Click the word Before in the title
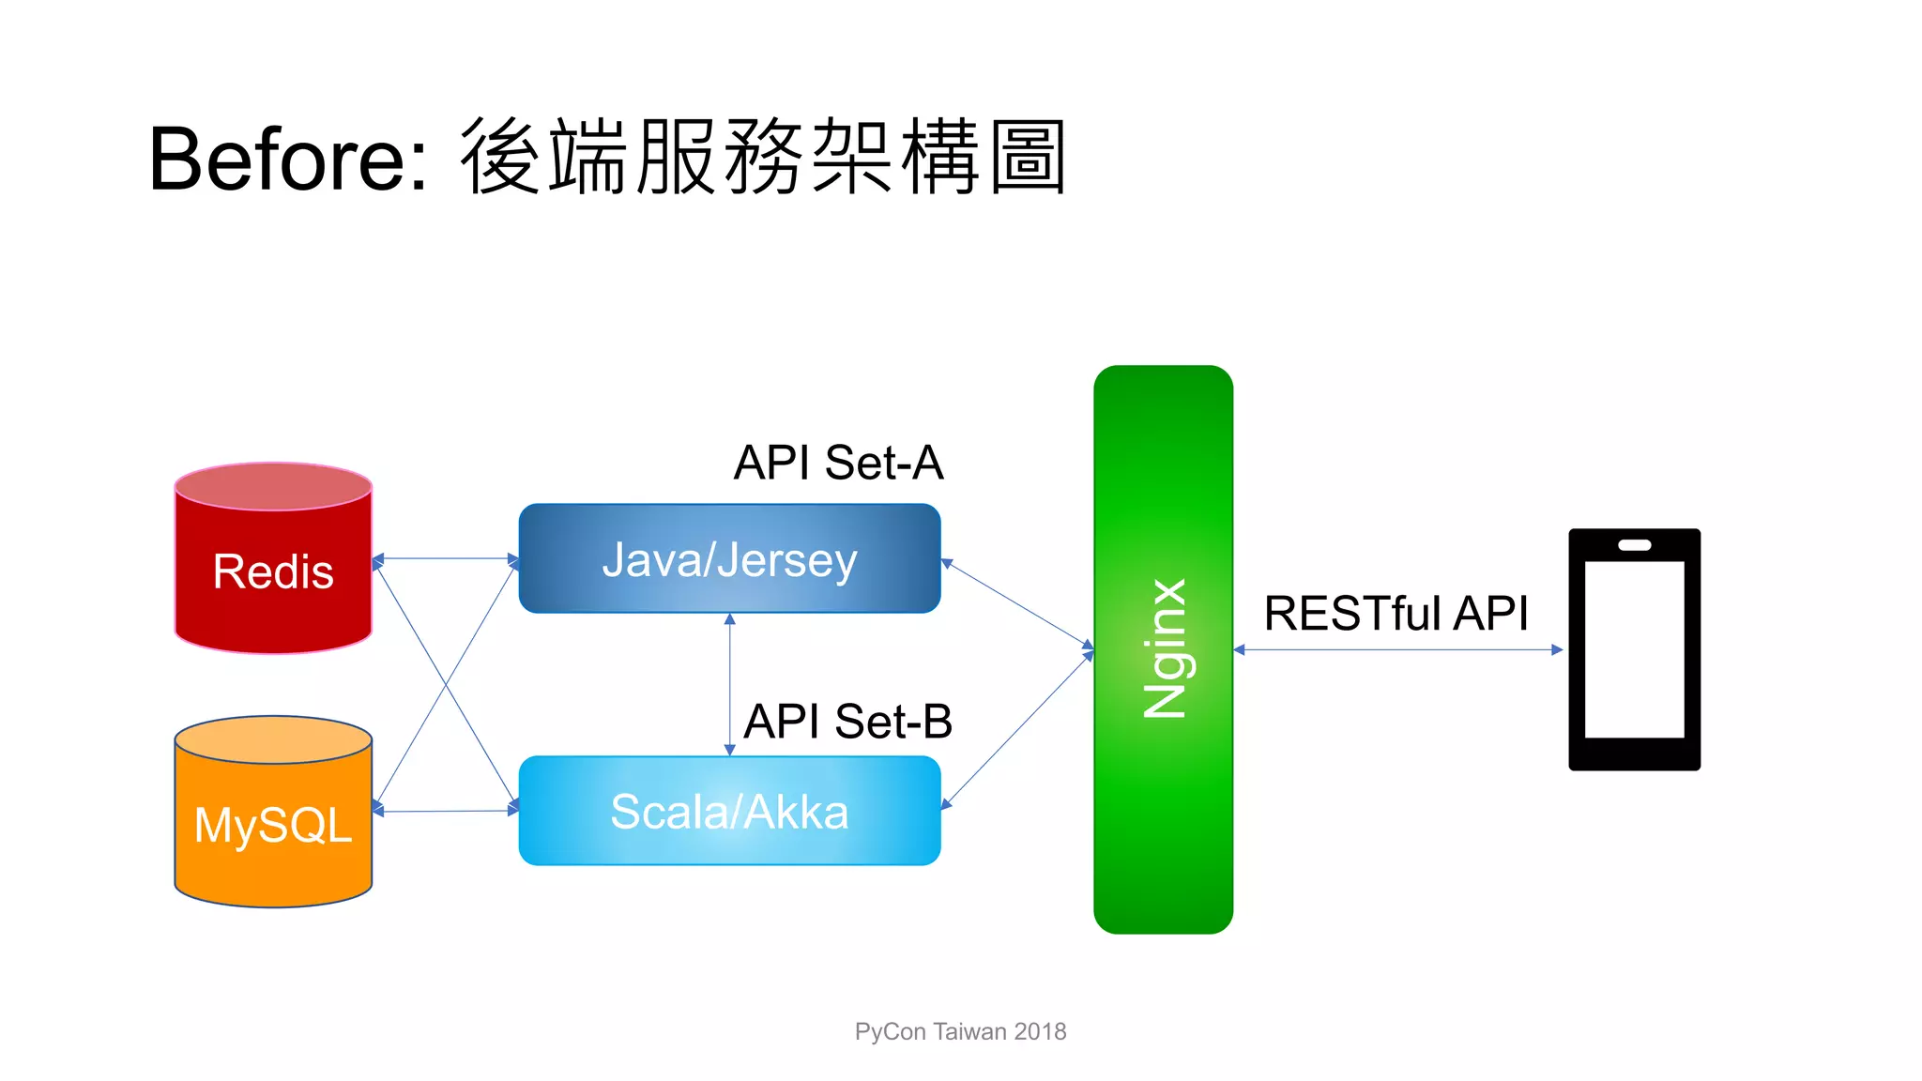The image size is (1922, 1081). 278,160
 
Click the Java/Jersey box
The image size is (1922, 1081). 729,559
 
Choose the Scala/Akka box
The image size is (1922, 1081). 729,811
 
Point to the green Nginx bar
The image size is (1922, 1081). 1163,648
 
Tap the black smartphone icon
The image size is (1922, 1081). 1634,649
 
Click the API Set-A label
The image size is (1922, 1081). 838,463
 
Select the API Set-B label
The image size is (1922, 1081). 847,722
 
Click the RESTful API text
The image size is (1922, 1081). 1396,614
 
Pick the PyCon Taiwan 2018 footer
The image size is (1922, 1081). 960,1031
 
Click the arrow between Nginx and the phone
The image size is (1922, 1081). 1397,649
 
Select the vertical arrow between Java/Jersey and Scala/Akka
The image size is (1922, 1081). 729,685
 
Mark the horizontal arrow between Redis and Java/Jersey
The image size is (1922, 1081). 446,558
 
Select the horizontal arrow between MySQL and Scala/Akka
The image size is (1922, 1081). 446,811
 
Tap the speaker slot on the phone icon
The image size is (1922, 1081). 1634,545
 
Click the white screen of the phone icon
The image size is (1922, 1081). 1634,649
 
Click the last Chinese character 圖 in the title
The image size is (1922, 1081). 1029,158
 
